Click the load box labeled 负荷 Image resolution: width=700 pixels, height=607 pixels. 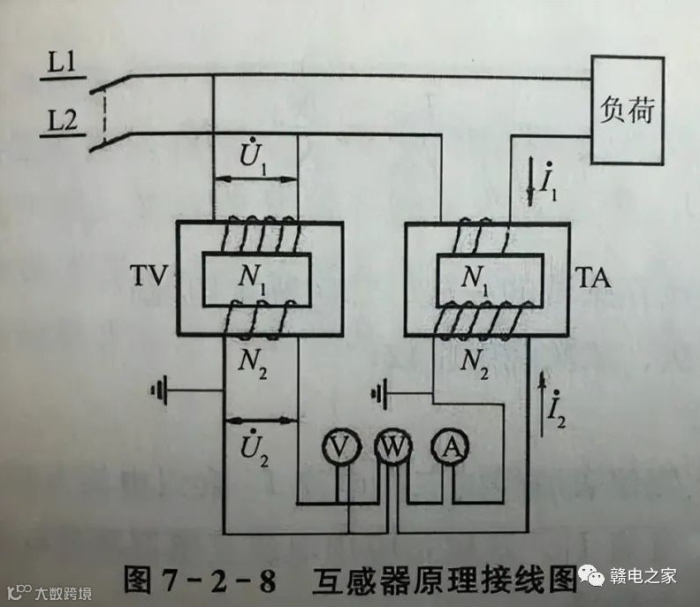point(628,110)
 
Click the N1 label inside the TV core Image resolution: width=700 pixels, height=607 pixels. point(256,279)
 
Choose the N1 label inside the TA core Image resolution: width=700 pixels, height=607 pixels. point(478,279)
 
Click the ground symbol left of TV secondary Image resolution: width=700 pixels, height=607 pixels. point(160,388)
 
